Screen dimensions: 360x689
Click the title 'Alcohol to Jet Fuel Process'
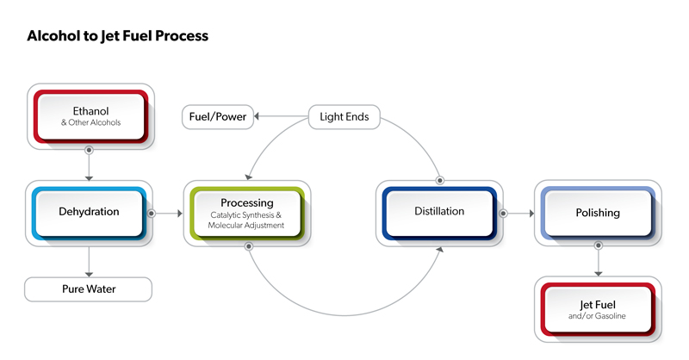pyautogui.click(x=117, y=36)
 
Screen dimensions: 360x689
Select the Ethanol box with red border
pyautogui.click(x=90, y=116)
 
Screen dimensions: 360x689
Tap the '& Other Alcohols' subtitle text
pyautogui.click(x=90, y=123)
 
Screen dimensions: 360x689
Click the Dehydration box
pyautogui.click(x=89, y=211)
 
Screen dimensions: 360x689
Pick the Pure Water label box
pyautogui.click(x=88, y=289)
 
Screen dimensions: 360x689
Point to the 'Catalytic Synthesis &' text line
pyautogui.click(x=245, y=214)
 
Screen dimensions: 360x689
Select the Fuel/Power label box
pyautogui.click(x=218, y=116)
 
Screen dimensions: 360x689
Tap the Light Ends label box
pyautogui.click(x=344, y=116)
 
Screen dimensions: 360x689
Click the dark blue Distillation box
pyautogui.click(x=439, y=211)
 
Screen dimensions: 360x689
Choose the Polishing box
pyautogui.click(x=597, y=213)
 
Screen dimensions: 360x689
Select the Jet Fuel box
pyautogui.click(x=597, y=309)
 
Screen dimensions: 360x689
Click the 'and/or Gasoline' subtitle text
pyautogui.click(x=597, y=316)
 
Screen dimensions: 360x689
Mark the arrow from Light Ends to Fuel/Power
pyautogui.click(x=280, y=116)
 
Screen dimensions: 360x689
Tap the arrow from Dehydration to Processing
pyautogui.click(x=168, y=212)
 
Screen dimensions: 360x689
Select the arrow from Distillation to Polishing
pyautogui.click(x=518, y=212)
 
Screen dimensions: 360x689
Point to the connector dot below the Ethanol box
pyautogui.click(x=89, y=149)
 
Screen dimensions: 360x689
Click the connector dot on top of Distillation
pyautogui.click(x=440, y=181)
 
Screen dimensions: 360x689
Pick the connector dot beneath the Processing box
pyautogui.click(x=249, y=245)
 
